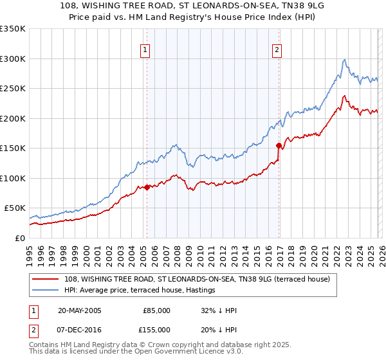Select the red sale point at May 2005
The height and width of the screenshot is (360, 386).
pyautogui.click(x=147, y=187)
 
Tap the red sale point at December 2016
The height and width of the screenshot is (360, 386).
pyautogui.click(x=279, y=145)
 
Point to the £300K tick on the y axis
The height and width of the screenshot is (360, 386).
pyautogui.click(x=13, y=59)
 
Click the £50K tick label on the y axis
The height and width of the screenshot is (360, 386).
pyautogui.click(x=13, y=208)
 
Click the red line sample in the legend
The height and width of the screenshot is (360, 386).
pyautogui.click(x=46, y=279)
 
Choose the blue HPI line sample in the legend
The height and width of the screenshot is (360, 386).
pyautogui.click(x=46, y=291)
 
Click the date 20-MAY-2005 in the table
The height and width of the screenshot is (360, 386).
pyautogui.click(x=79, y=310)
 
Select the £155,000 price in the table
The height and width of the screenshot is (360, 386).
pyautogui.click(x=157, y=329)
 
